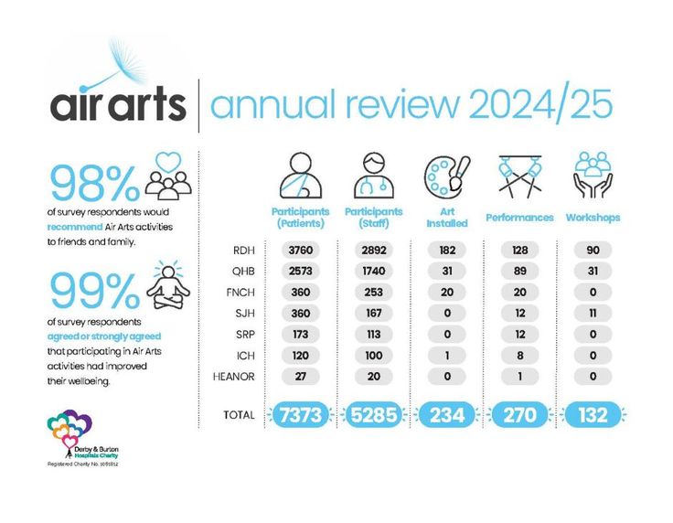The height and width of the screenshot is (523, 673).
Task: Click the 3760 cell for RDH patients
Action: pos(301,250)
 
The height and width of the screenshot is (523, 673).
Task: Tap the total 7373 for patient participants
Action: pos(301,415)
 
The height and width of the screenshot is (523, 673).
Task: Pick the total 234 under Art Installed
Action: pos(448,415)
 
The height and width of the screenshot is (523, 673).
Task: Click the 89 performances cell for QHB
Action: pos(520,272)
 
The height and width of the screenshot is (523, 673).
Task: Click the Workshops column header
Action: pos(593,218)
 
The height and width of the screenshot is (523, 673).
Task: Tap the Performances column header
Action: pos(519,218)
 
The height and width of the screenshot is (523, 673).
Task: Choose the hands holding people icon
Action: pos(593,174)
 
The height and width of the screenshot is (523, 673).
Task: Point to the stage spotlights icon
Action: pos(519,174)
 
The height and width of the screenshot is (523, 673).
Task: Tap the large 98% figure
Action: pos(94,183)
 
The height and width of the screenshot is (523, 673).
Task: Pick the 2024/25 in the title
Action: pos(539,104)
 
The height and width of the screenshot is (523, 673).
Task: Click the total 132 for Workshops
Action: pos(593,415)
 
